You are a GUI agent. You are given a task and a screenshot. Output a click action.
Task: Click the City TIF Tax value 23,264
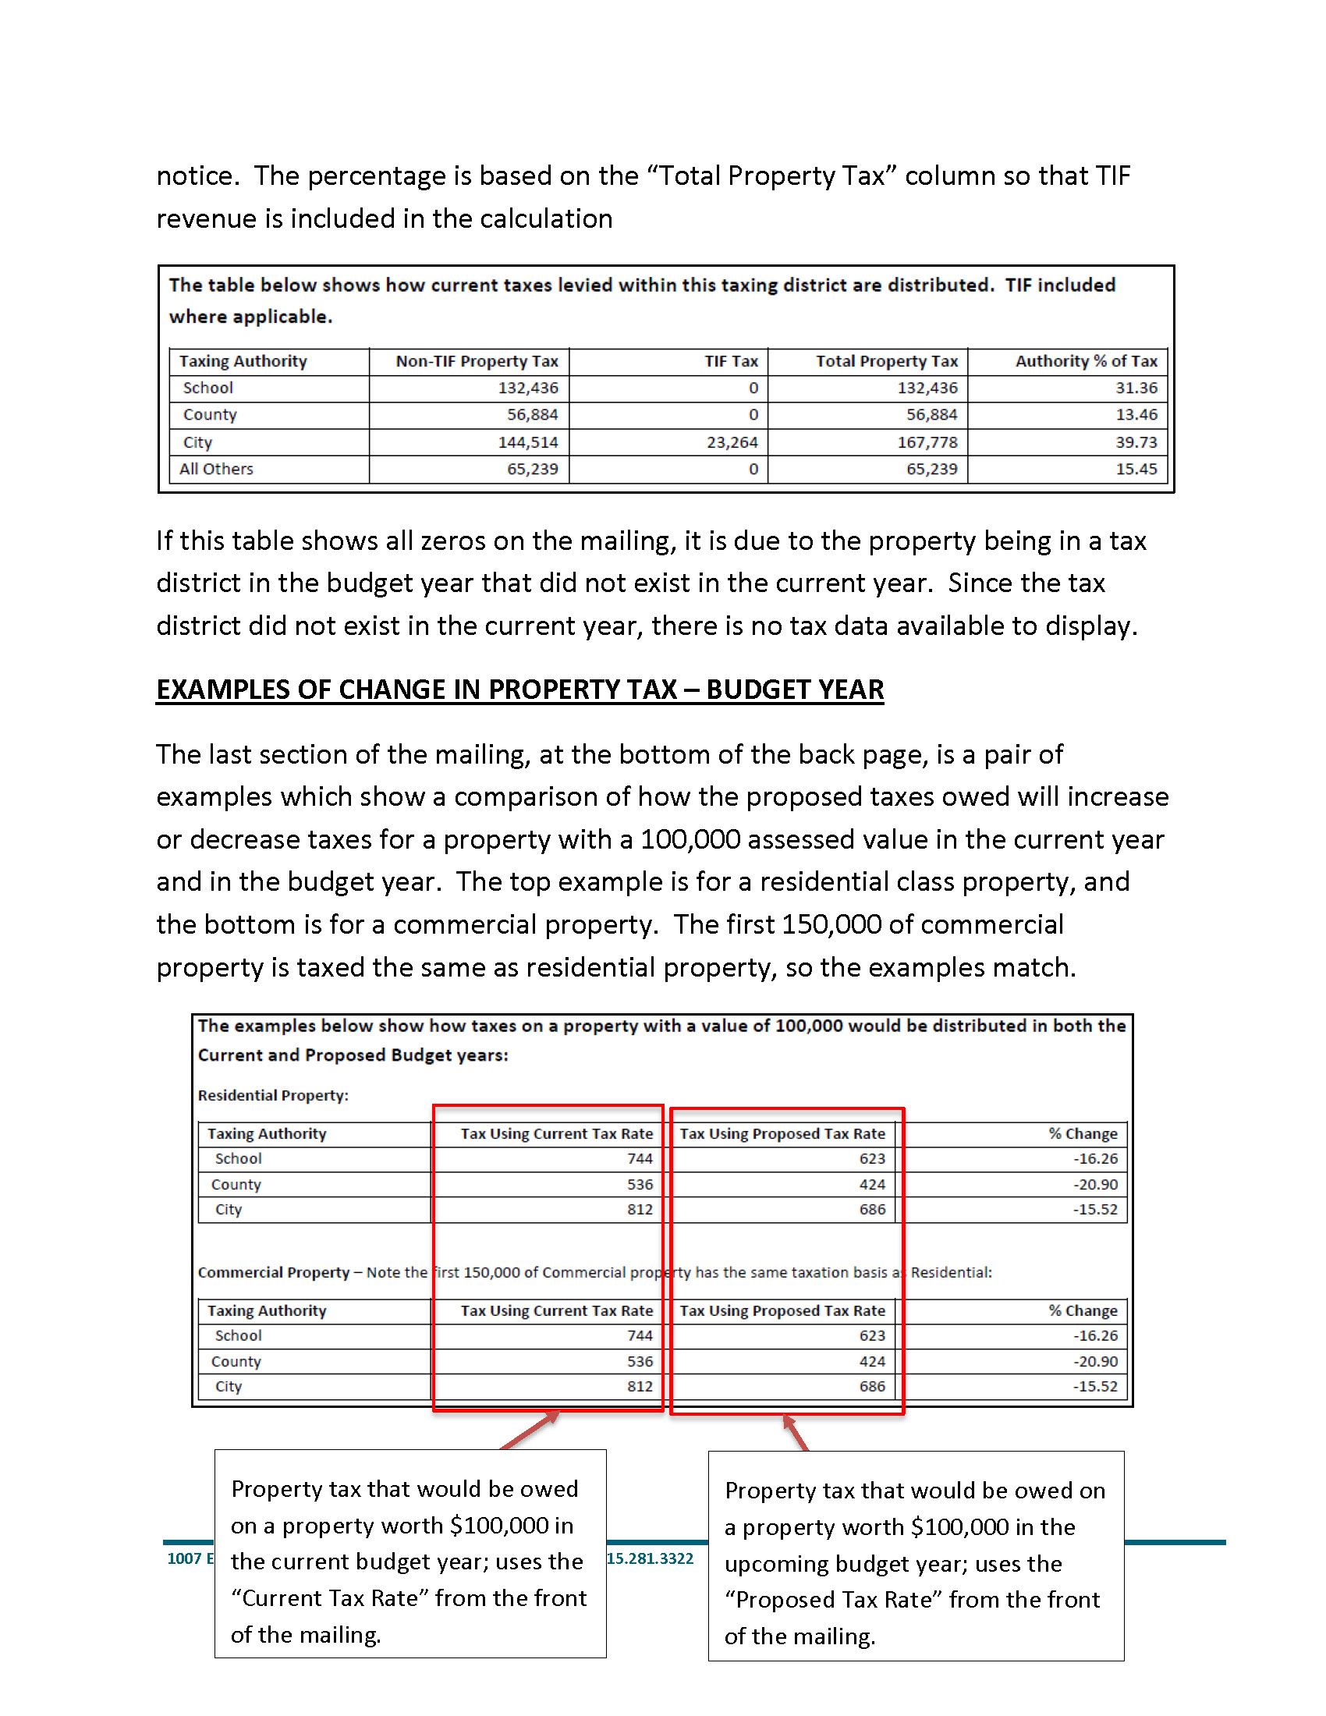[x=732, y=442]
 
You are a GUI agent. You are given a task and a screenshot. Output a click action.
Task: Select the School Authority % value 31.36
[x=1136, y=388]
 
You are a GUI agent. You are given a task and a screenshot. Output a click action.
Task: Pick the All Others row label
[x=216, y=469]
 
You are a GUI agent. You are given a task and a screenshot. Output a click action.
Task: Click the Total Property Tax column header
[x=886, y=361]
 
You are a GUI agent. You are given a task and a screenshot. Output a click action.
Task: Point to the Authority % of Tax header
[x=1086, y=361]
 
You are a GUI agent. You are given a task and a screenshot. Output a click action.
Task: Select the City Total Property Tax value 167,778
[x=927, y=442]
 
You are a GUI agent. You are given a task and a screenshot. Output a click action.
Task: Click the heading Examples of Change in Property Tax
[x=519, y=689]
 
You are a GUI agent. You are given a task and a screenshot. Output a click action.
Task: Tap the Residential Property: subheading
[x=272, y=1095]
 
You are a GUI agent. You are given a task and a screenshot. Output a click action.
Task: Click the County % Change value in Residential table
[x=1095, y=1184]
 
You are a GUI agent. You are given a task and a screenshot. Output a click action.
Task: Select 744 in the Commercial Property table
[x=640, y=1335]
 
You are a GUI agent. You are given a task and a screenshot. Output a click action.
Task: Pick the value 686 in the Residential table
[x=872, y=1209]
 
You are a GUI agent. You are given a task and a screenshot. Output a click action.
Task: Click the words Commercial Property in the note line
[x=273, y=1272]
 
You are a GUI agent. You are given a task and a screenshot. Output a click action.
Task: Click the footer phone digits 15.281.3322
[x=651, y=1558]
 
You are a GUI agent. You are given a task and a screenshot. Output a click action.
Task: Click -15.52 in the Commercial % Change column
[x=1095, y=1386]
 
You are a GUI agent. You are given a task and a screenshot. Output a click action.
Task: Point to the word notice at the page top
[x=195, y=175]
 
